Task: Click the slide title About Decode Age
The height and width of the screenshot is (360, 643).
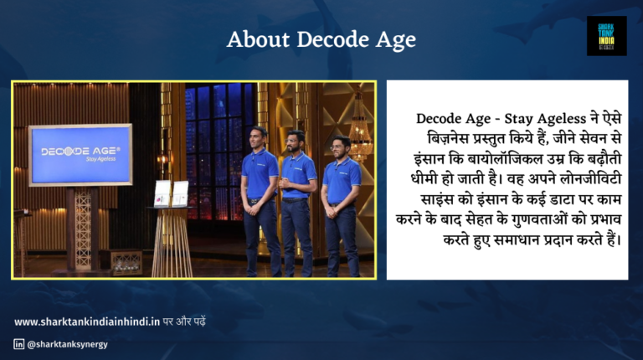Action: tap(321, 40)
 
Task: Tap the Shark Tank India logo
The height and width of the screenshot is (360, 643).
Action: tap(606, 36)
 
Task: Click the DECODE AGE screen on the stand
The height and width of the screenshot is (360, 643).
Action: tap(80, 154)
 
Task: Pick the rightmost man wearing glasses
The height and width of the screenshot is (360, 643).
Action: tap(341, 201)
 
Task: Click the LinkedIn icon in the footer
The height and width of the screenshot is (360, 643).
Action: tap(18, 343)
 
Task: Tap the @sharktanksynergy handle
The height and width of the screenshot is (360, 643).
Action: tap(67, 343)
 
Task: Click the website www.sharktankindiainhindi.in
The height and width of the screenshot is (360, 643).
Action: tap(87, 321)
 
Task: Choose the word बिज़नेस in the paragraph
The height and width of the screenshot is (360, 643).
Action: tap(443, 138)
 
